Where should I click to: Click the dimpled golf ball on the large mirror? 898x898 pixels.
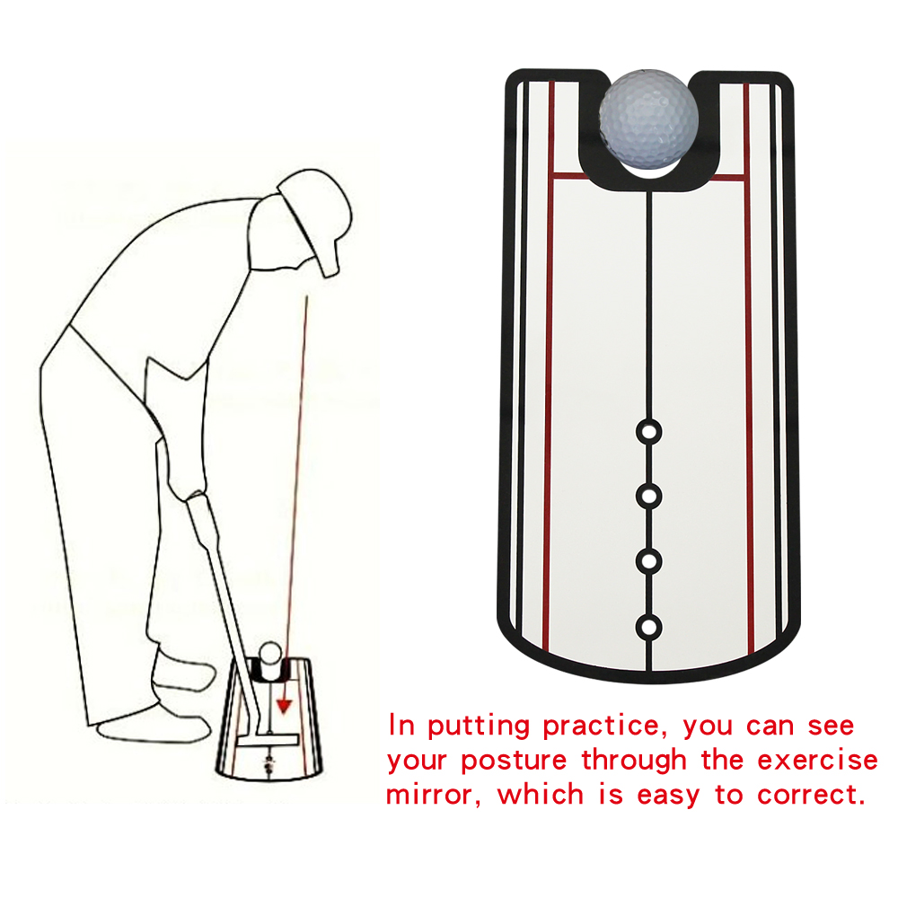click(649, 119)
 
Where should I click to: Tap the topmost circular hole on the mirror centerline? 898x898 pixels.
click(647, 432)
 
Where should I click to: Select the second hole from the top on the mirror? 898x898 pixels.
click(647, 495)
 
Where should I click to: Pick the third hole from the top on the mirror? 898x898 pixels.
click(647, 560)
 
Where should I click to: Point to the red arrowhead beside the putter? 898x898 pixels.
click(284, 706)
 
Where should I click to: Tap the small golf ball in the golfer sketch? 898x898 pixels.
click(269, 653)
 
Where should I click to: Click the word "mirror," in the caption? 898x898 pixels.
click(436, 794)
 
